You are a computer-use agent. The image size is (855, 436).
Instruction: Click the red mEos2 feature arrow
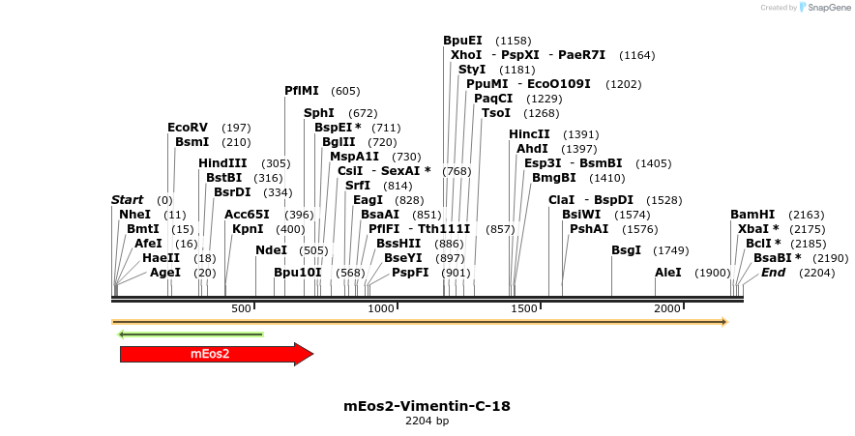(216, 354)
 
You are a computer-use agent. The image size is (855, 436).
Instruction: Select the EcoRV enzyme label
(188, 128)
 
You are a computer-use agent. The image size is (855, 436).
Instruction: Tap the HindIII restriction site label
(222, 163)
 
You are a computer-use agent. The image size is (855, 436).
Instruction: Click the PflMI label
(301, 91)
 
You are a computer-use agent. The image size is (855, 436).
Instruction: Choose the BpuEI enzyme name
(462, 41)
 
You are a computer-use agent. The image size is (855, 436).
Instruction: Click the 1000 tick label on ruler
(380, 308)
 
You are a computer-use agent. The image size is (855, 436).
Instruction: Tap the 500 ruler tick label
(241, 308)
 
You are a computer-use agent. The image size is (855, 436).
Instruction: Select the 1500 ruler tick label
(523, 308)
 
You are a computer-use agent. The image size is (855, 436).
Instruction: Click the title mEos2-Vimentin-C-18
(427, 406)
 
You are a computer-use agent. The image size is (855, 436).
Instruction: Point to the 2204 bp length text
(427, 421)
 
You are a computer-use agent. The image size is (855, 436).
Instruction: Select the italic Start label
(127, 200)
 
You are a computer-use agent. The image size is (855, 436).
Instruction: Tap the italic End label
(773, 273)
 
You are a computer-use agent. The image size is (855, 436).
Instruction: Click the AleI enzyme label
(668, 273)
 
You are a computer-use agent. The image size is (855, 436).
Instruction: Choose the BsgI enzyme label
(626, 250)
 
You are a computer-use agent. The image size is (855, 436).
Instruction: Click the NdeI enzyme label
(271, 250)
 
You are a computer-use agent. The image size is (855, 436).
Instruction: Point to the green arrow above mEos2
(191, 334)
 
